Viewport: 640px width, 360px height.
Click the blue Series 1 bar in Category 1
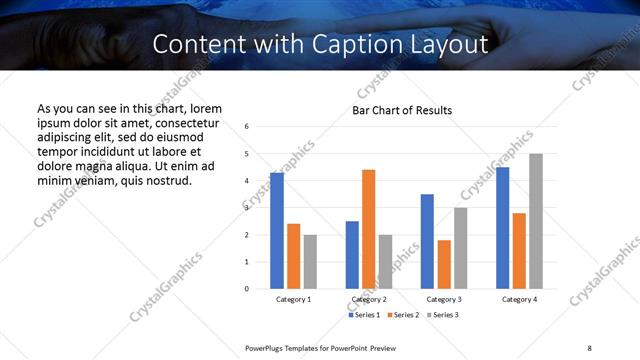point(277,231)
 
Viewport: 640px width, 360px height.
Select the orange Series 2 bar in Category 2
point(368,229)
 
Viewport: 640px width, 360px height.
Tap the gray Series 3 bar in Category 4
point(536,221)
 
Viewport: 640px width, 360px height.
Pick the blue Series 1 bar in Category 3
point(427,241)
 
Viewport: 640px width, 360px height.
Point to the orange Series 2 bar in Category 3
point(444,264)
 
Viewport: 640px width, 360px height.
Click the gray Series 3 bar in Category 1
point(310,262)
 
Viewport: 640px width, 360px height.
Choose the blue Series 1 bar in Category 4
point(503,228)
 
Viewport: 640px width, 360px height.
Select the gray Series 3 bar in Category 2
point(385,262)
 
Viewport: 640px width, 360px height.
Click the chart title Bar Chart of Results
point(402,110)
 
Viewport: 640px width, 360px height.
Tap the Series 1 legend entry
point(364,315)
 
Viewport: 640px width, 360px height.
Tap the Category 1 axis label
point(293,299)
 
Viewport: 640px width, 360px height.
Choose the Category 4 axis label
point(519,299)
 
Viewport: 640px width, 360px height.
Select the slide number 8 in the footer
point(589,348)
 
